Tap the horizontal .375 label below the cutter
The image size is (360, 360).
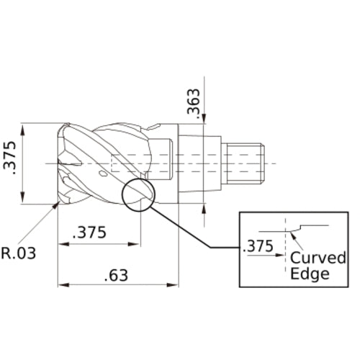pos(91,232)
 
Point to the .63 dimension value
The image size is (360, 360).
pos(117,274)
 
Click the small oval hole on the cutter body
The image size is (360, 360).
pos(103,174)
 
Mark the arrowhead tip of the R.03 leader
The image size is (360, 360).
pos(58,204)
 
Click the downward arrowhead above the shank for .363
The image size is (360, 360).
pos(205,121)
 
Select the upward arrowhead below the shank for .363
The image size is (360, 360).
pos(205,206)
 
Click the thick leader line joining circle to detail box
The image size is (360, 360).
pos(187,230)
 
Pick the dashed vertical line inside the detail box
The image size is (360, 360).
pos(286,234)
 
